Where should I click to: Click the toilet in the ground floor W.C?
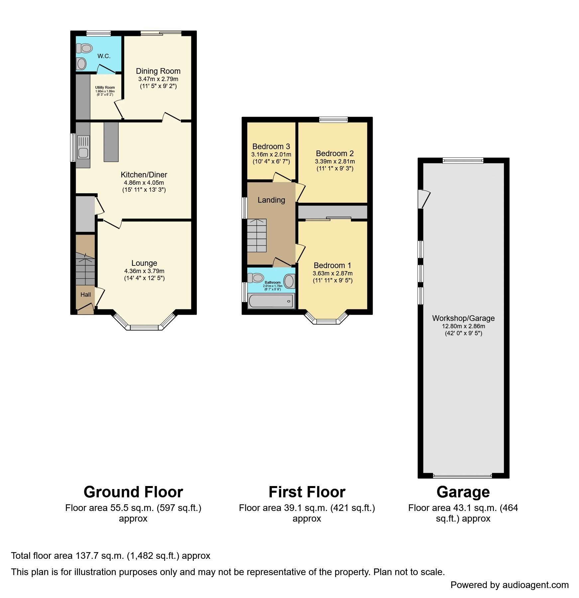tap(84, 48)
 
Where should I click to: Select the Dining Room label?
tap(158, 71)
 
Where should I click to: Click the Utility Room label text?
tap(105, 88)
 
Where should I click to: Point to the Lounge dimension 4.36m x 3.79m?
tap(144, 271)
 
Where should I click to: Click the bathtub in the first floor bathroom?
tap(271, 301)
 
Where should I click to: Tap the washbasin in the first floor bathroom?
tap(289, 281)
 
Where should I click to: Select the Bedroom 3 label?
tap(271, 147)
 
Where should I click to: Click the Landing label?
tap(271, 200)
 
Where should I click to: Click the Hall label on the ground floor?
tap(85, 295)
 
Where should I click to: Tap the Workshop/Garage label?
tap(463, 318)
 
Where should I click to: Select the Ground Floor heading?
tap(133, 492)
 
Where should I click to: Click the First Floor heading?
tap(306, 492)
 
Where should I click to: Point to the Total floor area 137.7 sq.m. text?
tap(110, 556)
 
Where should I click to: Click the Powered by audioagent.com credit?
tap(509, 585)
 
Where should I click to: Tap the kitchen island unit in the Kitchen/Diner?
tap(111, 142)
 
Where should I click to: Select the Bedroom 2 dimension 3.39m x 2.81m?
tap(334, 161)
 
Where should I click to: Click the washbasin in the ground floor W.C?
tap(81, 63)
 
